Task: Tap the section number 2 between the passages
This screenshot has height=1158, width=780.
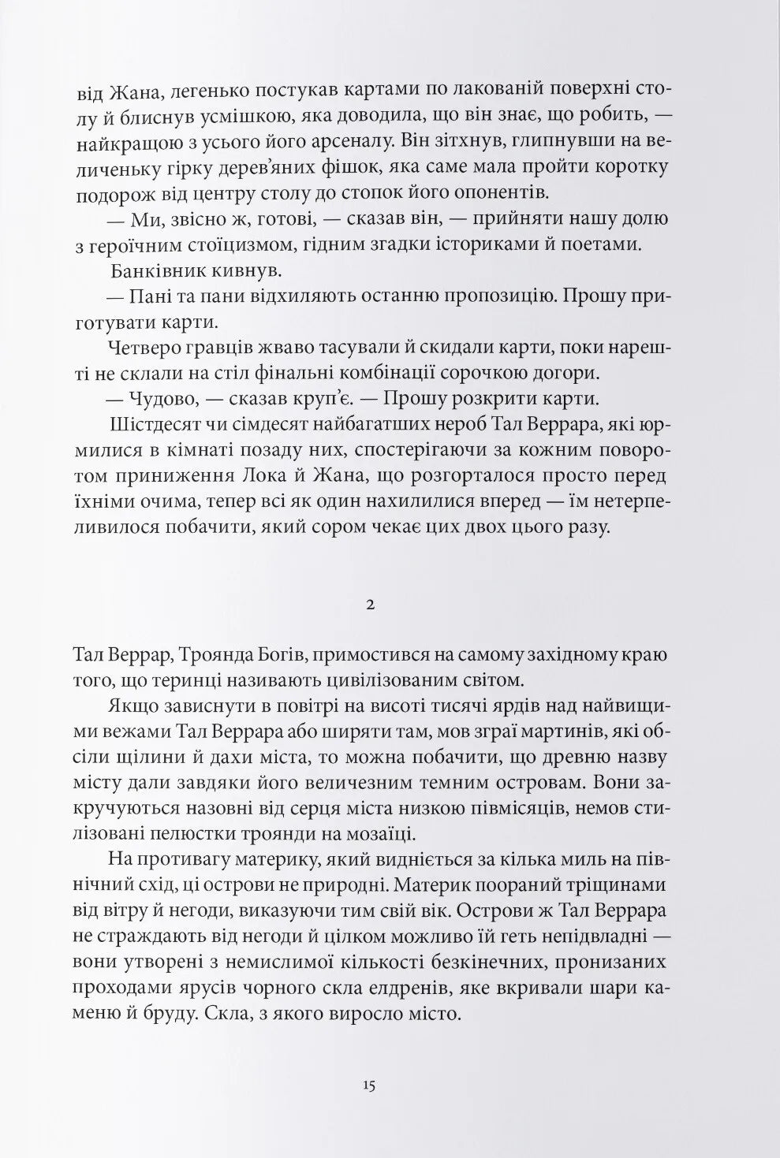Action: [369, 605]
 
